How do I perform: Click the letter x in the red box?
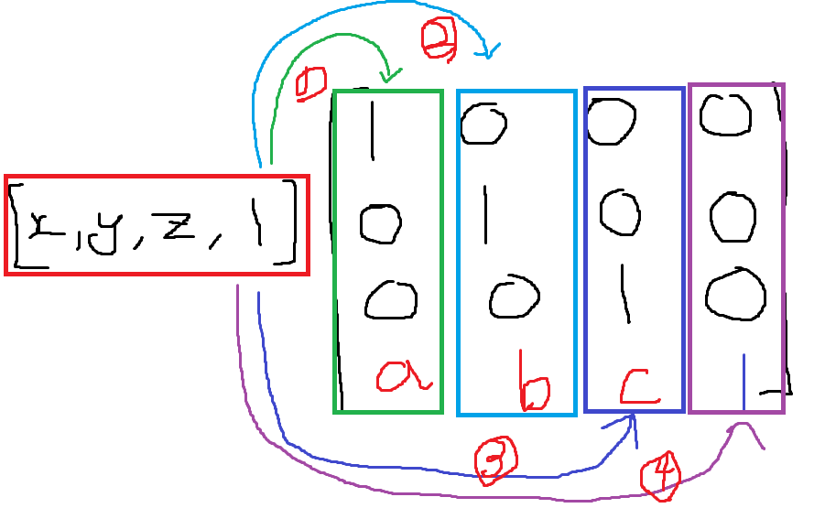(45, 223)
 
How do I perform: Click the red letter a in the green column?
(404, 375)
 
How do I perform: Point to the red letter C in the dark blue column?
(639, 386)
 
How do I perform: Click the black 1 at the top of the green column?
(372, 129)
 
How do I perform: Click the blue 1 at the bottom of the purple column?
(744, 381)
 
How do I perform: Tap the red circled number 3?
(495, 460)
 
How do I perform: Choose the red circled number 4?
(661, 474)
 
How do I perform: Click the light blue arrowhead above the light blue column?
(488, 50)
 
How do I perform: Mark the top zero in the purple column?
(725, 115)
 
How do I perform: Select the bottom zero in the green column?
(391, 299)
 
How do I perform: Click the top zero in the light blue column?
(483, 124)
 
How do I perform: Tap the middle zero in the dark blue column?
(621, 210)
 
